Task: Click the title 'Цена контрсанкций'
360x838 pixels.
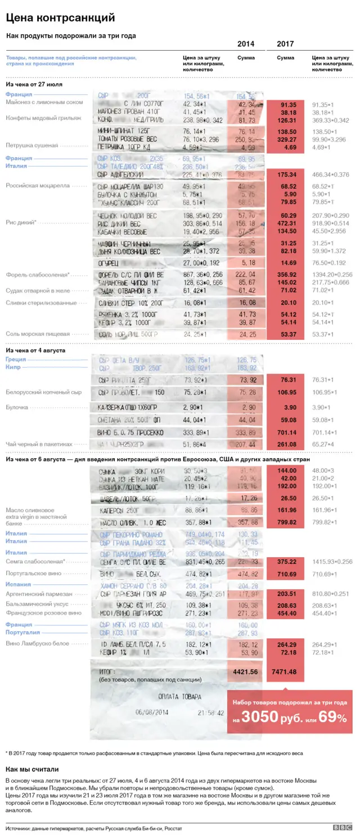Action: (60, 19)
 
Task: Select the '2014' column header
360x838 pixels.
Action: (245, 44)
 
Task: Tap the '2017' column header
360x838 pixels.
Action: (285, 44)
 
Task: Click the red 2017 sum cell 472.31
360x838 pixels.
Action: (285, 223)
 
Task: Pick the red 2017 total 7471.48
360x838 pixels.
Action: (285, 671)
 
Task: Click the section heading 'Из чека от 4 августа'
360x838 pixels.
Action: (35, 350)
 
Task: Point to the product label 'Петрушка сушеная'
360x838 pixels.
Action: (31, 145)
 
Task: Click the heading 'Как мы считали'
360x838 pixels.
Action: (31, 769)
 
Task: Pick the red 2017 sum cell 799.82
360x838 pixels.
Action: (285, 522)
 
